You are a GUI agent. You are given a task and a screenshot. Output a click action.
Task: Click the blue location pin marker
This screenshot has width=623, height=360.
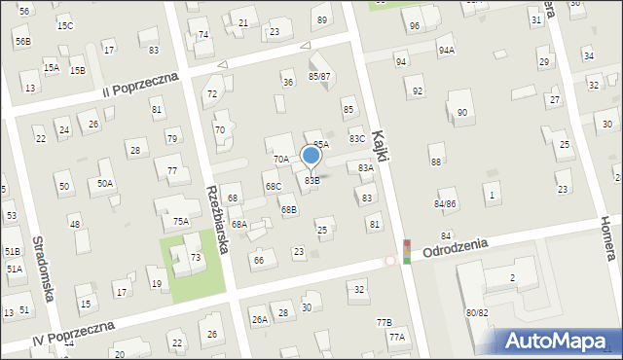(311, 156)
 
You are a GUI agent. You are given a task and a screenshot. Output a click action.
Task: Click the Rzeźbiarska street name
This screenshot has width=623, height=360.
(217, 220)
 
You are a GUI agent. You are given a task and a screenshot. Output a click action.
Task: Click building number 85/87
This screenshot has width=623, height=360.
(319, 76)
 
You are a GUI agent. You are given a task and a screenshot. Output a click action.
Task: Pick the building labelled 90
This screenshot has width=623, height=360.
(461, 113)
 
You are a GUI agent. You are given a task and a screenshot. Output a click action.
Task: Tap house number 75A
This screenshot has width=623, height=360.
(181, 221)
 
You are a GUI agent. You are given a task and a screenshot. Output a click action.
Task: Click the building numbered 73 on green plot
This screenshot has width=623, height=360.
(196, 257)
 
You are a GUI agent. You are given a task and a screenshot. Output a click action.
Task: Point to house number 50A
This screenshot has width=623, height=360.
(105, 182)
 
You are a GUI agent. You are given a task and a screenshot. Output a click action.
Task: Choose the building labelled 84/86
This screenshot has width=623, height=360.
(445, 203)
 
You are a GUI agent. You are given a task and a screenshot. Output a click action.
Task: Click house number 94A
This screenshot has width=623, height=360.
(446, 50)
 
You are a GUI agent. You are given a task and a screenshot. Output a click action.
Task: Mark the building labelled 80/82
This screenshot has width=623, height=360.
(477, 312)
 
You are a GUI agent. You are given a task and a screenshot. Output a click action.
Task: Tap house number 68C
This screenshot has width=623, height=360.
(274, 186)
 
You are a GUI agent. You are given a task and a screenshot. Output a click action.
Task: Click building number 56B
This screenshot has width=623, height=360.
(22, 41)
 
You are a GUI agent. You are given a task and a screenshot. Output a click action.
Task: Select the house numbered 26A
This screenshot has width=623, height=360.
(259, 319)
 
